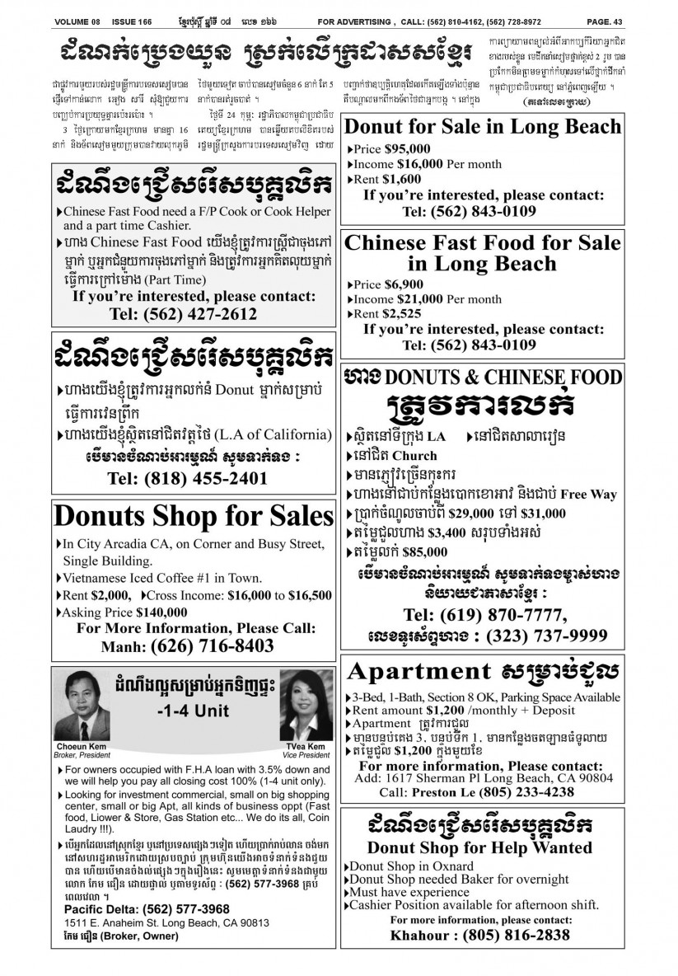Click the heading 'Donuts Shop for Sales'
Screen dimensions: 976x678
(193, 517)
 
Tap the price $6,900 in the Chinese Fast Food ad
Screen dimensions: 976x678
(410, 284)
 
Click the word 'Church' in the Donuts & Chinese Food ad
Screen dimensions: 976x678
(414, 455)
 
